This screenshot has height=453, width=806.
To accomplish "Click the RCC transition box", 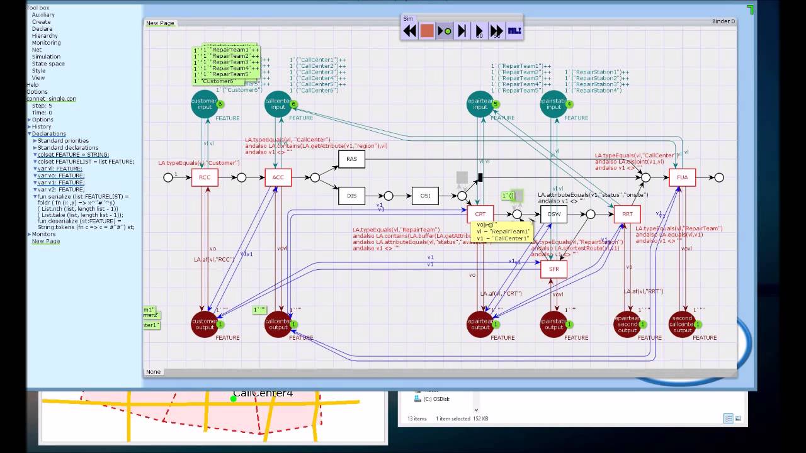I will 205,177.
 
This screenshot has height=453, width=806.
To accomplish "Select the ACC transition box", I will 278,177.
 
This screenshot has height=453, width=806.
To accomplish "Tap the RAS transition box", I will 351,159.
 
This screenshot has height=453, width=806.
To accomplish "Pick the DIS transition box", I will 351,196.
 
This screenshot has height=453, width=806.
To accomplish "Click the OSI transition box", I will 425,196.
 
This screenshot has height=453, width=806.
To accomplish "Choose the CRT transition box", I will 480,214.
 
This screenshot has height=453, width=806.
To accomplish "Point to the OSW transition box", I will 553,214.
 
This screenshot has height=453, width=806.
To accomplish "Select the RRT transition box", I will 627,214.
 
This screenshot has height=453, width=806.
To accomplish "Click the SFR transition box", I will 553,269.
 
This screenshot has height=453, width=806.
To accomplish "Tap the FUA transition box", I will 682,177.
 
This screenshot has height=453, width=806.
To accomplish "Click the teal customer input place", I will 204,104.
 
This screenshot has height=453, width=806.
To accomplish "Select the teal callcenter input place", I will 278,104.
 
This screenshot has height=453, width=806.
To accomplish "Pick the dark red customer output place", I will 204,323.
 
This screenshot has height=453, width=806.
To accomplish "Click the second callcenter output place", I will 682,323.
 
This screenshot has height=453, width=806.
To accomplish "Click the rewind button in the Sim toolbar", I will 410,31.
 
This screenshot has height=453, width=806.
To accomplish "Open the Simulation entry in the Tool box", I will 46,57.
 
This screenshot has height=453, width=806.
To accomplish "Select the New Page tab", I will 160,23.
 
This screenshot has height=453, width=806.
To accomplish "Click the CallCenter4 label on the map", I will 263,394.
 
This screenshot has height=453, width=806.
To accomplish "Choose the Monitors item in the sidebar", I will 43,234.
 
